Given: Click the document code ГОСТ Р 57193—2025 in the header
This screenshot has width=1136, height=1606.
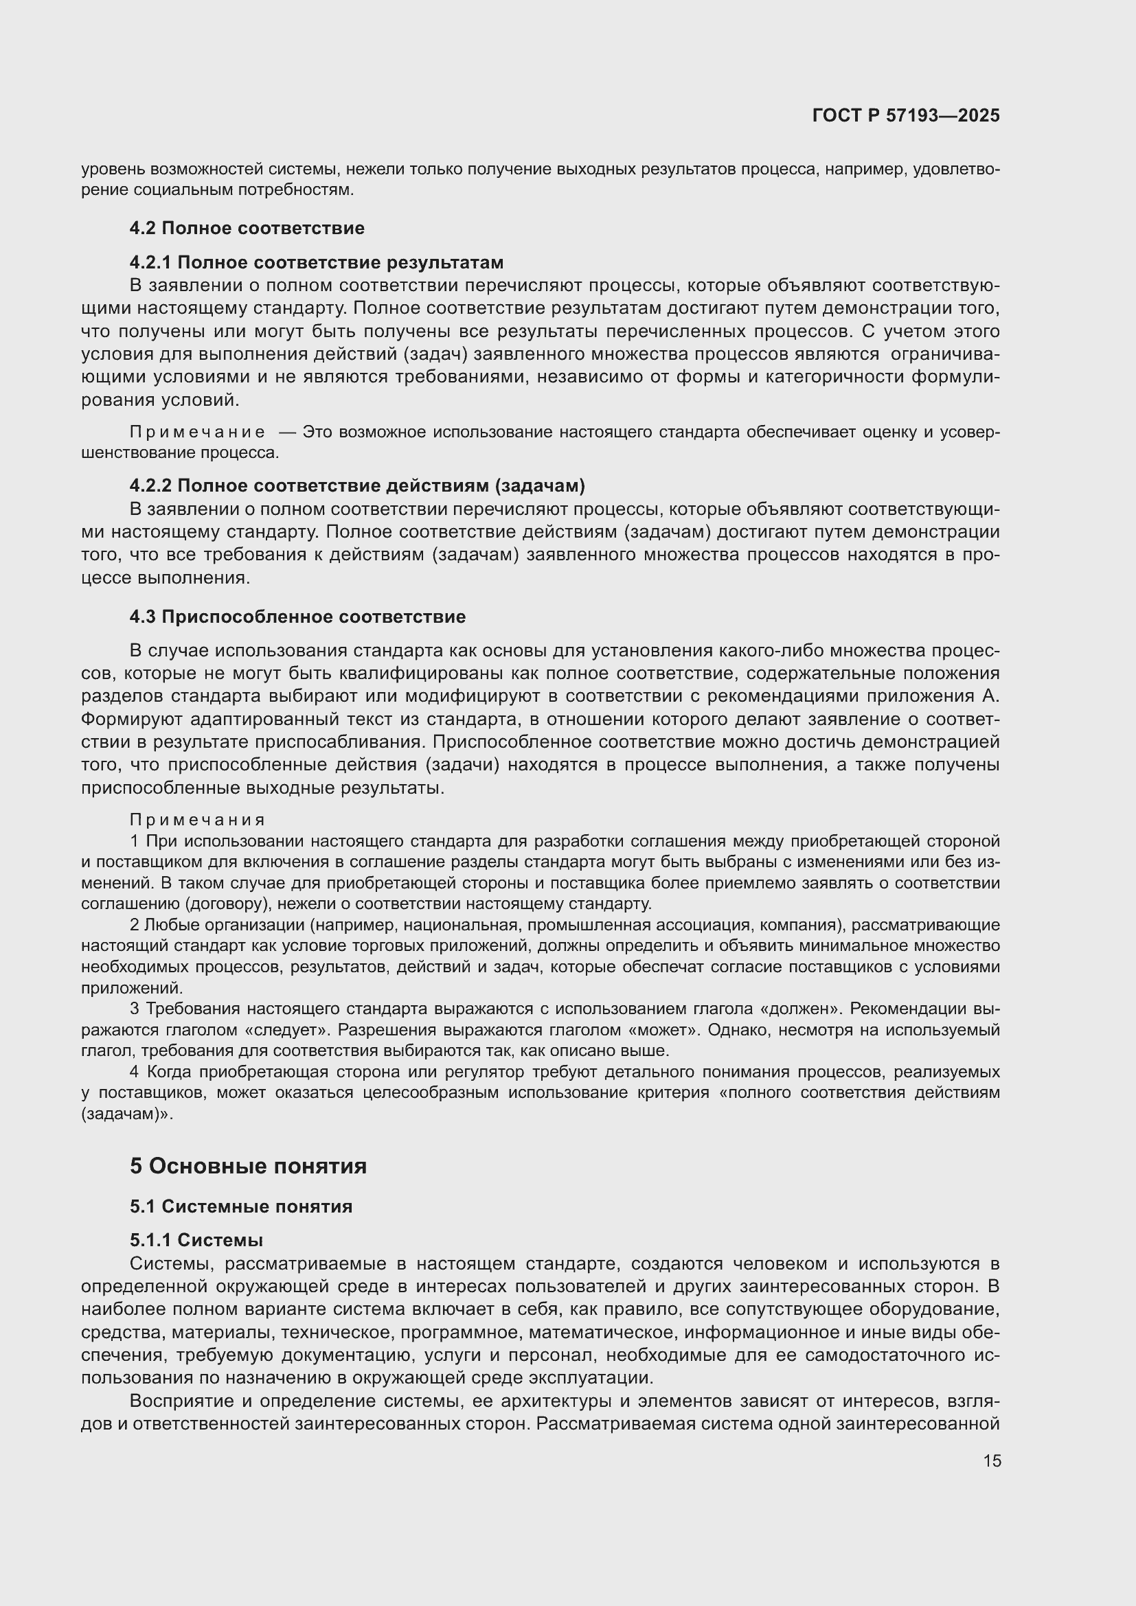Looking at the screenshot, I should click(906, 116).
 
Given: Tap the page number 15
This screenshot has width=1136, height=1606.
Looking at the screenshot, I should click(992, 1460).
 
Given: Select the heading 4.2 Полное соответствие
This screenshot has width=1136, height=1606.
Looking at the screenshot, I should click(247, 228).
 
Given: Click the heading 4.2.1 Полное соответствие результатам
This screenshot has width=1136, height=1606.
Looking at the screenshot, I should click(316, 262).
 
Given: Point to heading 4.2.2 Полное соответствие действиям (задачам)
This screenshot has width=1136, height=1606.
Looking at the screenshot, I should click(356, 485).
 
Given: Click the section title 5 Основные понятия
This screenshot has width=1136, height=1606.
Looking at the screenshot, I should click(249, 1166).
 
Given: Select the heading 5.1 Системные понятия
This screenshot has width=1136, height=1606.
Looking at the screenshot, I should click(240, 1206).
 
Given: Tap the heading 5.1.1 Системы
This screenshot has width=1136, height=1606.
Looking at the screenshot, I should click(196, 1240).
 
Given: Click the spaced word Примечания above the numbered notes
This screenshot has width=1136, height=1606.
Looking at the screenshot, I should click(197, 820).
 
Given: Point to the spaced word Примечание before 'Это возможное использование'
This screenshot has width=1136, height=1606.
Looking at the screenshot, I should click(197, 433).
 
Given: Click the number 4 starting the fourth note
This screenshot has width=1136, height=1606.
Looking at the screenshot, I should click(135, 1072).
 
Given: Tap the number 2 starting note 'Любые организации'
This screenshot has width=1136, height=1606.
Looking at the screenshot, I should click(135, 926).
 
